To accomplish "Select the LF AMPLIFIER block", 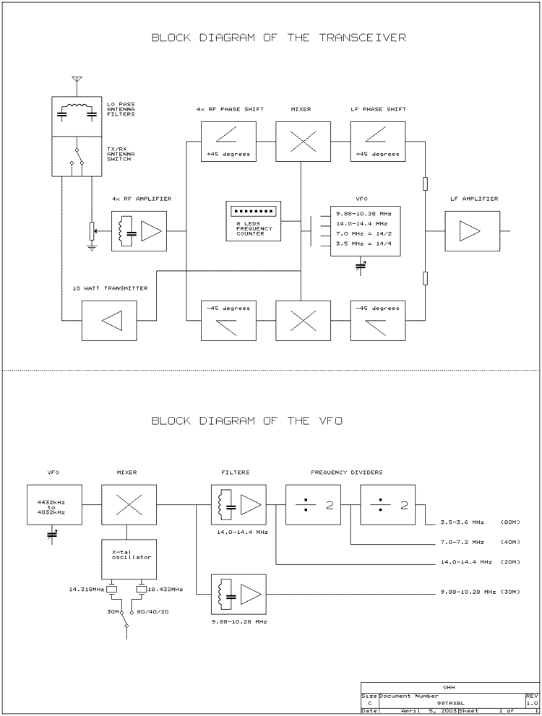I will pos(472,231).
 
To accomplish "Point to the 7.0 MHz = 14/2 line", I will pos(362,234).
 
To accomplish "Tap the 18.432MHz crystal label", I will pos(165,590).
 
